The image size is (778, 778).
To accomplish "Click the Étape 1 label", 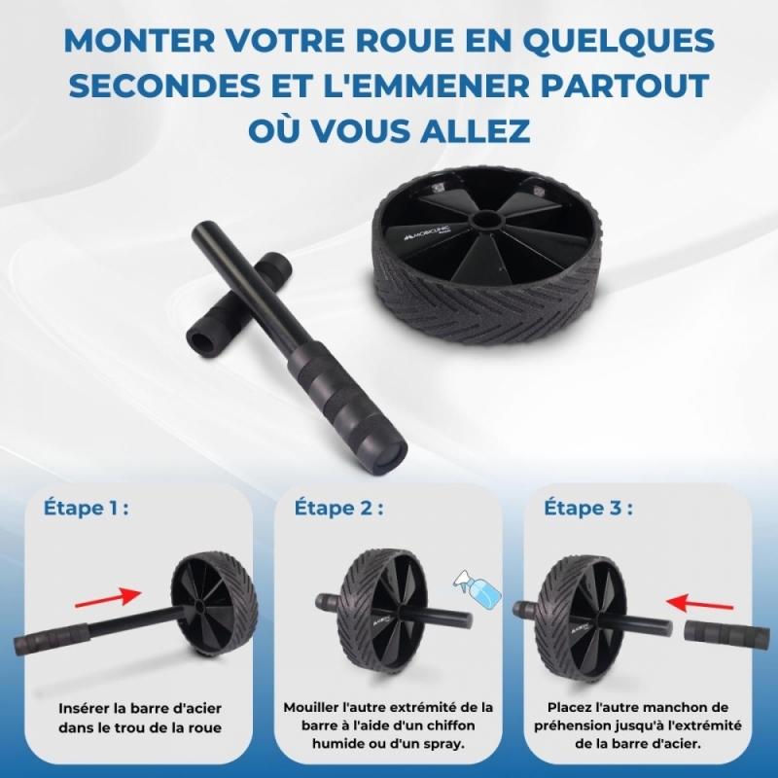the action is pos(86,509).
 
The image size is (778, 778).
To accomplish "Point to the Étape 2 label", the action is pos(338,509).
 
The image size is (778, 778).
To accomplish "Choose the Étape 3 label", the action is pos(588,509).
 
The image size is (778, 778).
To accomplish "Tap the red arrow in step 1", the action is pos(108,597).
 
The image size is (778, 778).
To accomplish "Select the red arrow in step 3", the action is pos(699,602).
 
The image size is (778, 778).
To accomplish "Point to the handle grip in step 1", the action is pos(50,639).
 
